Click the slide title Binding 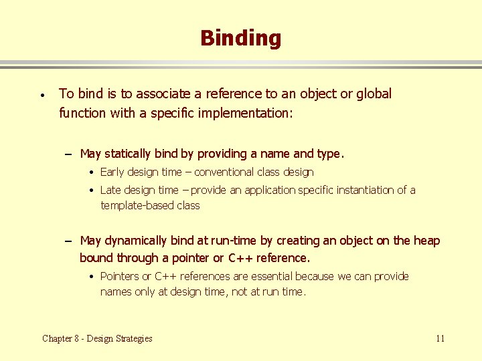click(x=240, y=38)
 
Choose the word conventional click(x=226, y=172)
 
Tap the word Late click(x=111, y=190)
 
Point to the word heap click(x=426, y=241)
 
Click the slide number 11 click(x=440, y=338)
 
